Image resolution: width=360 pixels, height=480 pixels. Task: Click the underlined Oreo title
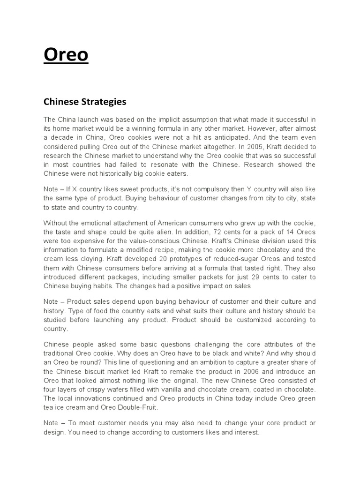(x=66, y=55)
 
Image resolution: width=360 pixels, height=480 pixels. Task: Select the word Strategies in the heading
(x=107, y=101)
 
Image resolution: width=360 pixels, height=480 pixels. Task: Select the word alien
(x=166, y=232)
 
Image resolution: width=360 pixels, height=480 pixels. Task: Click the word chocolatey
(x=282, y=250)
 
